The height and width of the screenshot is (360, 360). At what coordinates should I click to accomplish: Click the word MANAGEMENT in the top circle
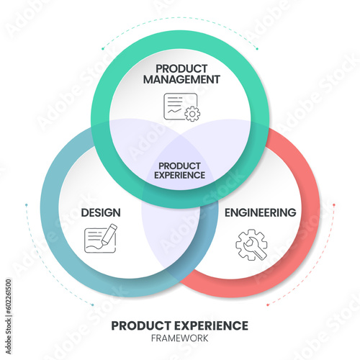tap(181, 79)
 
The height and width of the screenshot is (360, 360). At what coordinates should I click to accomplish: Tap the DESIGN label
tap(101, 213)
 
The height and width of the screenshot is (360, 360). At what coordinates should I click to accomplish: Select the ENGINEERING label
tap(261, 212)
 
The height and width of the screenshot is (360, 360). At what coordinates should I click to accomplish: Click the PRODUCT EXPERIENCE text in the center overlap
tap(179, 171)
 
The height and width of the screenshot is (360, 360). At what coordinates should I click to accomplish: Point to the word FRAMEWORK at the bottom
tap(180, 338)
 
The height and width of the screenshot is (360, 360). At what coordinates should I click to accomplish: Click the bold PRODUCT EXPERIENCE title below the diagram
tap(180, 325)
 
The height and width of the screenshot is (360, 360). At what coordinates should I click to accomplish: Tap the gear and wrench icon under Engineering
tap(251, 245)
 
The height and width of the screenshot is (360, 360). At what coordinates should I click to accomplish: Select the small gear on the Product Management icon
tap(192, 114)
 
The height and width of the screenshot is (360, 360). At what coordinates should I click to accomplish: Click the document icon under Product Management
tap(181, 107)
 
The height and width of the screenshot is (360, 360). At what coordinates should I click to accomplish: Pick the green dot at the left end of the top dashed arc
tap(103, 49)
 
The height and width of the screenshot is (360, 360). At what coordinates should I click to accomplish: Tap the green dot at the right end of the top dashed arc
tap(257, 49)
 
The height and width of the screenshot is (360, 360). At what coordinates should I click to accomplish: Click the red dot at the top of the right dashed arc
tap(334, 204)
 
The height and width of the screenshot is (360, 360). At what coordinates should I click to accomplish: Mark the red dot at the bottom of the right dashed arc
tap(268, 305)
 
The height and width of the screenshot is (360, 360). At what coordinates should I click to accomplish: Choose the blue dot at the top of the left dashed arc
tap(26, 205)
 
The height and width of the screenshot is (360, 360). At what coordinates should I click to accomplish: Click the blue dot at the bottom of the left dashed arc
tap(92, 305)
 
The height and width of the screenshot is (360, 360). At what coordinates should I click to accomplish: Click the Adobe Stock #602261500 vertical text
tap(9, 317)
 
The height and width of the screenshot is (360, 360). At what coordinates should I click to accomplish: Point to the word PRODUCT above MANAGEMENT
tap(181, 69)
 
